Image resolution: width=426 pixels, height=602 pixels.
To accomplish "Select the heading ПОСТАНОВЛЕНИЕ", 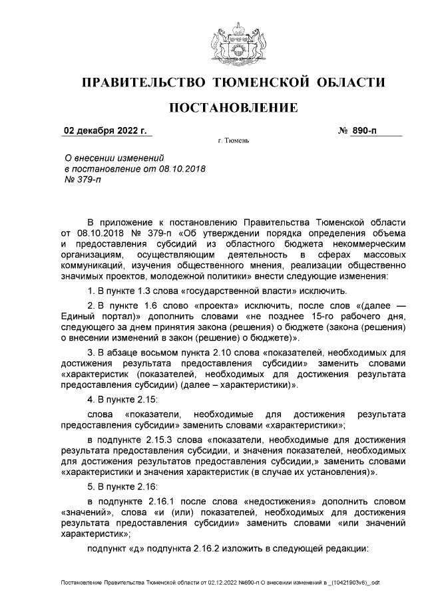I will (x=232, y=108).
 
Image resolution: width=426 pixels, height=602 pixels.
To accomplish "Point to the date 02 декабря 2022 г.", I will (x=105, y=130).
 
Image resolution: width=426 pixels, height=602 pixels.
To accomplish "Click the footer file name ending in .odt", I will (x=220, y=583).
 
